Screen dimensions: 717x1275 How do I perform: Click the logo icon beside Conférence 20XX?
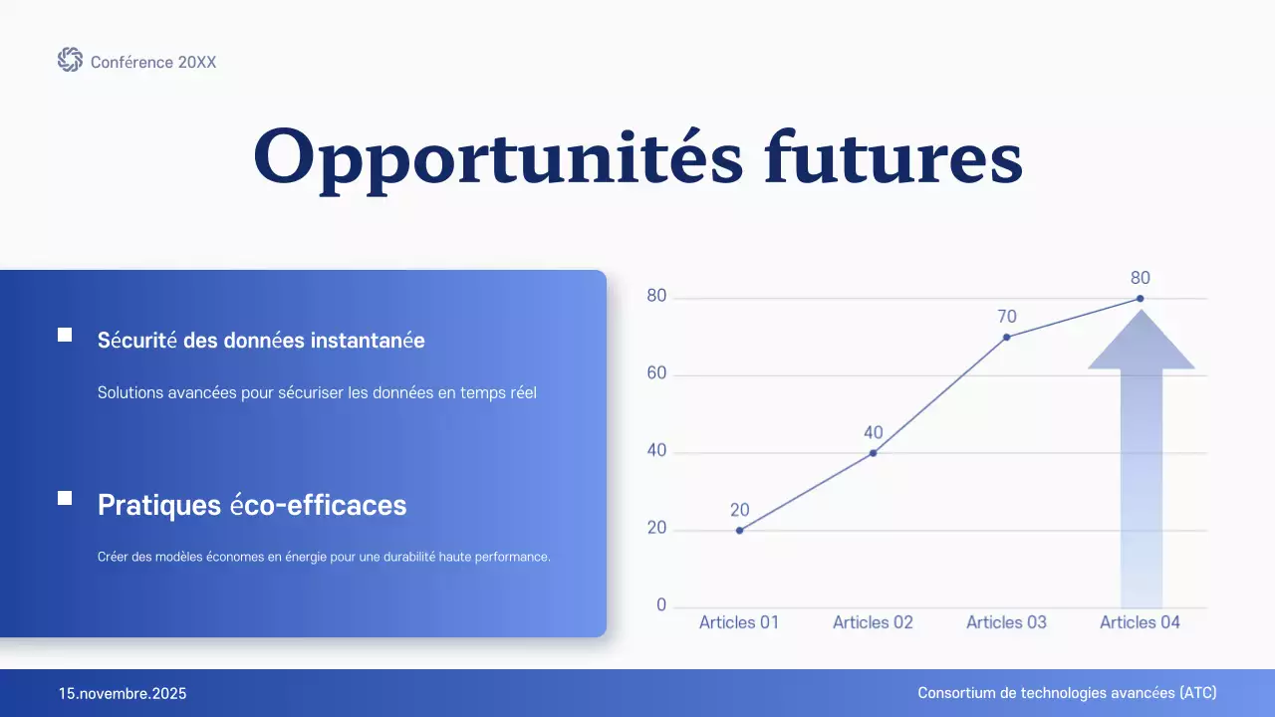(x=70, y=60)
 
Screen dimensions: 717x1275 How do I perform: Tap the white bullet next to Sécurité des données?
(x=65, y=336)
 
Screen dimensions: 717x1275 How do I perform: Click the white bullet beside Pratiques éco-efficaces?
(x=65, y=498)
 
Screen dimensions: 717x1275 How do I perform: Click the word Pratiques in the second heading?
(x=158, y=505)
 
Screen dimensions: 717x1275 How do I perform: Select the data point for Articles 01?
(x=739, y=530)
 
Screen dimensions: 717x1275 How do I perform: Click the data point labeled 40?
(x=874, y=453)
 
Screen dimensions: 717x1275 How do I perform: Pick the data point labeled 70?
(x=1007, y=337)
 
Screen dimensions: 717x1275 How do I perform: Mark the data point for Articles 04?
(x=1141, y=298)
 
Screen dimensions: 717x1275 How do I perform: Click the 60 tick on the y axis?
(x=656, y=374)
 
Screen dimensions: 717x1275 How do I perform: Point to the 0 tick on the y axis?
(x=661, y=605)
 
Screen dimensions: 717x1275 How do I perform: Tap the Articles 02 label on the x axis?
(x=873, y=622)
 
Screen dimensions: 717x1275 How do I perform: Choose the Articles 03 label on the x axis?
(x=1006, y=622)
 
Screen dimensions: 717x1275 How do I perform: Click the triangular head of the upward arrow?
(x=1141, y=344)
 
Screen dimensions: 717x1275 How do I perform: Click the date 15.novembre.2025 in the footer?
(x=123, y=693)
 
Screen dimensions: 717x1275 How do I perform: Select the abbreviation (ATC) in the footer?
(x=1196, y=693)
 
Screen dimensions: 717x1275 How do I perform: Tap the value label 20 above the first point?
(x=739, y=510)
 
